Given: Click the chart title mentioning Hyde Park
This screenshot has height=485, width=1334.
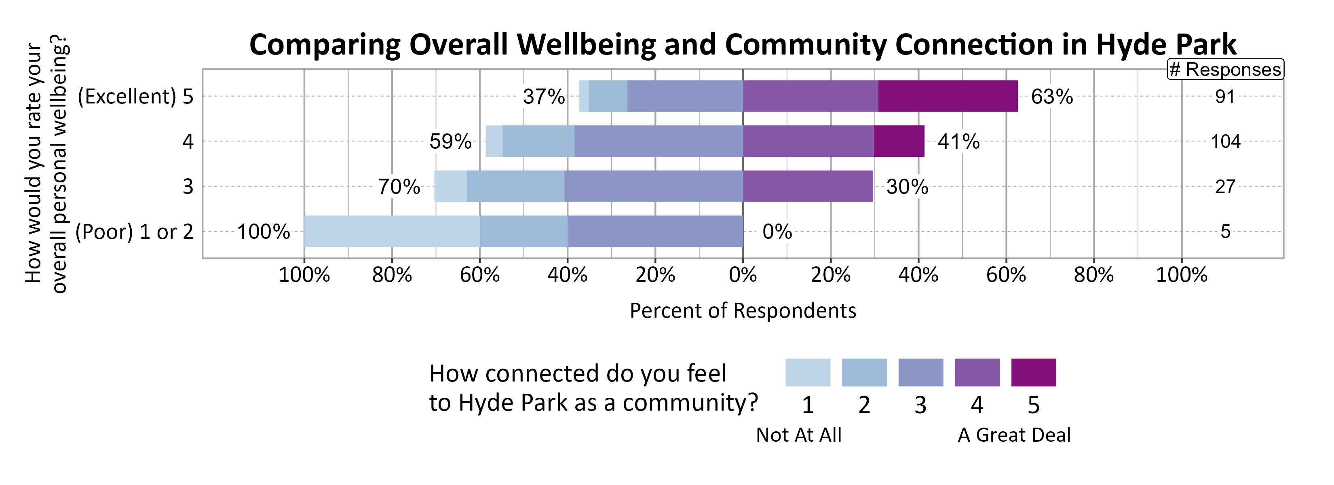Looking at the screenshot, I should coord(742,44).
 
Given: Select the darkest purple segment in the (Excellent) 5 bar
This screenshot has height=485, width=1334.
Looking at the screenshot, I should coord(947,96).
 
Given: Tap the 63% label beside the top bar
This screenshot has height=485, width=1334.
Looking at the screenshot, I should coord(1052,97).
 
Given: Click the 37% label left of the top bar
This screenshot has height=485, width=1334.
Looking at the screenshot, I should coord(543,97).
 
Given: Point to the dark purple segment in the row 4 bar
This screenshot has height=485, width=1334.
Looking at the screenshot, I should coord(899,141).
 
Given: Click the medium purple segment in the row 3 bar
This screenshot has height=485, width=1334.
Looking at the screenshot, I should coord(807,186).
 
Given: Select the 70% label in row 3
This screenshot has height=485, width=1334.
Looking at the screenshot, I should coord(399,187).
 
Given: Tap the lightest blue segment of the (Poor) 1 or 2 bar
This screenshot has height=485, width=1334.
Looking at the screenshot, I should coord(391,231).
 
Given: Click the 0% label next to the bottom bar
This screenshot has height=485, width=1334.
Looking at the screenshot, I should coord(777,231).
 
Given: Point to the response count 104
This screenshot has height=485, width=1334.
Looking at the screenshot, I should coord(1225,141).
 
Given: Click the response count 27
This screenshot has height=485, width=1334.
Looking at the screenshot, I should coord(1225,186).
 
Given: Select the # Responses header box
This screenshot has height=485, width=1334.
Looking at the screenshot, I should coord(1225,70).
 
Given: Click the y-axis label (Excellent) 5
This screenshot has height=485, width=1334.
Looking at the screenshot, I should coord(135,97).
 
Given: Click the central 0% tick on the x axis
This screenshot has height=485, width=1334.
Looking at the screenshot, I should coord(743,275).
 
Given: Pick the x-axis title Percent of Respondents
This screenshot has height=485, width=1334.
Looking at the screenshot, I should coord(743,310).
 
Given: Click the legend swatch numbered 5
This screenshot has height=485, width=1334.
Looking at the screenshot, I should coord(1033,373).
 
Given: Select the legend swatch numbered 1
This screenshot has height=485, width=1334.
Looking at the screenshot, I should coord(807,373).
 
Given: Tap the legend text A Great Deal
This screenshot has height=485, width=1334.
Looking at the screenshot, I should coord(1014,435).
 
